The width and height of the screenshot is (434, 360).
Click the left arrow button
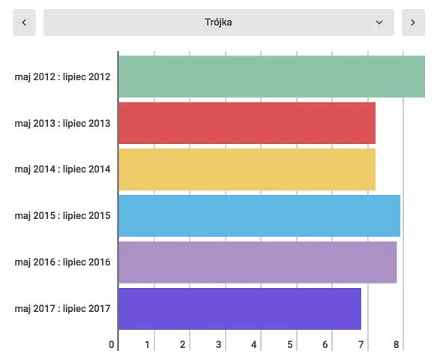tap(24, 22)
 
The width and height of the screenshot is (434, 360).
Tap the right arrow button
tap(413, 22)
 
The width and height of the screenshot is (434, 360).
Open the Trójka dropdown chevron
tap(379, 22)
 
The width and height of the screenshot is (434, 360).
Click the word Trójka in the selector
tap(218, 22)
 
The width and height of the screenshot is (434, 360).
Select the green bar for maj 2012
tap(272, 76)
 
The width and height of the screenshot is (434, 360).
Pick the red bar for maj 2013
tap(247, 123)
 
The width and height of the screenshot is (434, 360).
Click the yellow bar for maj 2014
tap(247, 169)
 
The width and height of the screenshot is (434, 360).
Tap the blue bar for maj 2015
tap(259, 216)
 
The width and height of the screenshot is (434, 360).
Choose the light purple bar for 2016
tap(258, 262)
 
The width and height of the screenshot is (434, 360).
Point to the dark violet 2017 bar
tap(240, 309)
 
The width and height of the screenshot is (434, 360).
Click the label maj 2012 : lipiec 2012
tap(62, 76)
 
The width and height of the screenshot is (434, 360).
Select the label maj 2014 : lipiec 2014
tap(62, 169)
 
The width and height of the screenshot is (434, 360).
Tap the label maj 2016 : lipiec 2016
tap(62, 262)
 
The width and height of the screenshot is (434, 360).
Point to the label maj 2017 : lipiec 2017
tap(62, 308)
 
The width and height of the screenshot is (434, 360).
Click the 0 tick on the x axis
tap(111, 344)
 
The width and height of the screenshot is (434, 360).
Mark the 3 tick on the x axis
tap(218, 344)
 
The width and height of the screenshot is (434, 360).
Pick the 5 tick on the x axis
tap(289, 344)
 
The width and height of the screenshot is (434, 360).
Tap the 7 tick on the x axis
tap(361, 344)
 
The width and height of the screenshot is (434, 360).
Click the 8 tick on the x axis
tap(396, 344)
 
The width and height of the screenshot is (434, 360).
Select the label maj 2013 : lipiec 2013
tap(62, 123)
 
